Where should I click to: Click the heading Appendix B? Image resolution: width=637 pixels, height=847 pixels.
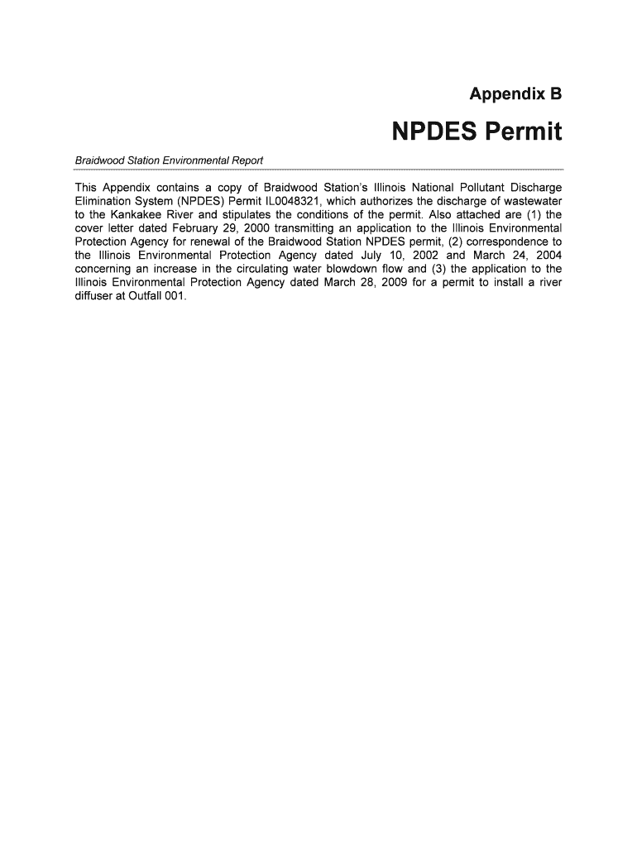515,94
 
